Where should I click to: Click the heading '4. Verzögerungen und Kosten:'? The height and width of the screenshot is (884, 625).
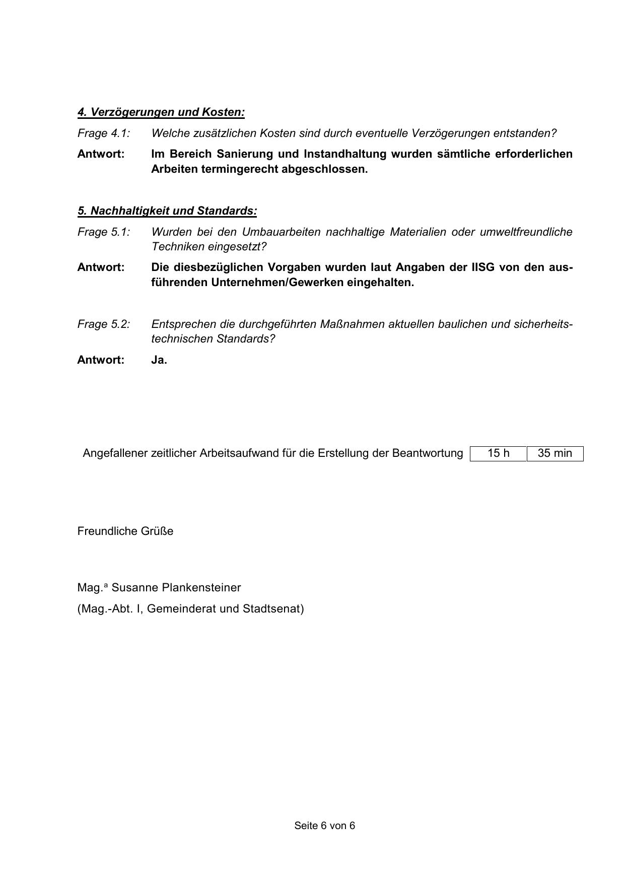click(161, 112)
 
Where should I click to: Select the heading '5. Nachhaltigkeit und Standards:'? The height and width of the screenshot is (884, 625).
click(167, 211)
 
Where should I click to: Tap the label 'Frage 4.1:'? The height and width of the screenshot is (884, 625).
click(104, 133)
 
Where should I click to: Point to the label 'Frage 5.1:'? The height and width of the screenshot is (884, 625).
click(104, 232)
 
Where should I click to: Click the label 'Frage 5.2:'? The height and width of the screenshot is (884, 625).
click(104, 324)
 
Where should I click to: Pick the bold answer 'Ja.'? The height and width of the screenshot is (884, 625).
click(159, 360)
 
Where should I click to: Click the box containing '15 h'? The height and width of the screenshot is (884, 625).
click(498, 453)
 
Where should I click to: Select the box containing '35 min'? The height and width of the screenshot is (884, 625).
click(555, 453)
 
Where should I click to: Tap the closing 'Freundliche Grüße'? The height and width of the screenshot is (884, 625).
click(125, 531)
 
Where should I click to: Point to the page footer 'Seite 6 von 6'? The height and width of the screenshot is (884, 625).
click(325, 826)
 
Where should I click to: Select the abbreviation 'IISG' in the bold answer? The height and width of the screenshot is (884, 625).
click(483, 267)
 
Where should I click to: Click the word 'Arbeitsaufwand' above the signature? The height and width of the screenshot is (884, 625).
click(237, 453)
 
